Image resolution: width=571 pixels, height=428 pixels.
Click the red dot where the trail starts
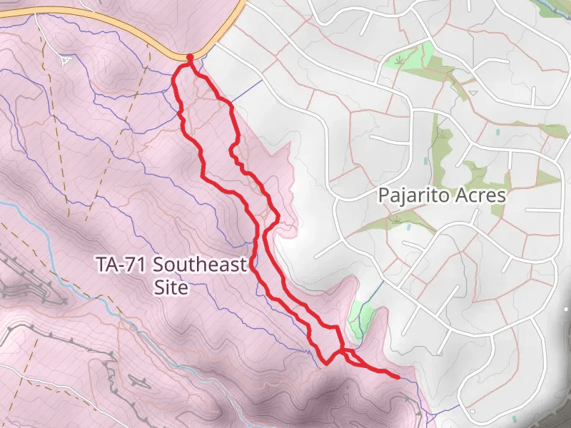tap(189, 57)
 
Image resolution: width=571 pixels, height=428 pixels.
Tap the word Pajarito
tap(411, 195)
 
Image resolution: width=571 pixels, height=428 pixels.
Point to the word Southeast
tap(201, 265)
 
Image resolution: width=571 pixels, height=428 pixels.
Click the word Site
tap(171, 288)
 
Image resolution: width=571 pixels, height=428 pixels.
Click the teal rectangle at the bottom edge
tap(514, 418)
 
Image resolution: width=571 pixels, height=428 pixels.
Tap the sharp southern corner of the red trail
tap(326, 362)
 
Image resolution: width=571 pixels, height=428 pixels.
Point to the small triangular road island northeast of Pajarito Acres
tap(474, 93)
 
